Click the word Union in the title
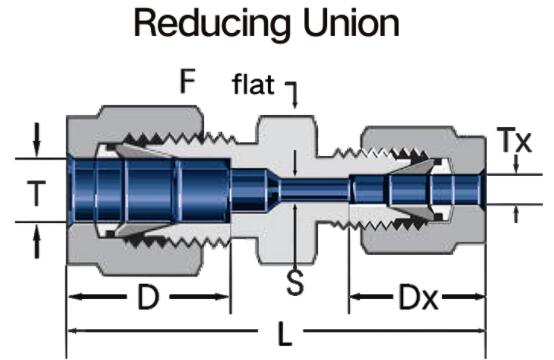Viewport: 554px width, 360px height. [x=352, y=23]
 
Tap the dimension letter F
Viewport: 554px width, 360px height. [x=187, y=81]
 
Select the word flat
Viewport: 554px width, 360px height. [x=253, y=84]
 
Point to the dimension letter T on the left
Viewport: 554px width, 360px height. [x=36, y=193]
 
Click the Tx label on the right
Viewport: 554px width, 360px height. [x=514, y=140]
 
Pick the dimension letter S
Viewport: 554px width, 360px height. [x=295, y=283]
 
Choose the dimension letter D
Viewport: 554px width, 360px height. [x=148, y=297]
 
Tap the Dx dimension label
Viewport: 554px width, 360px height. [x=419, y=297]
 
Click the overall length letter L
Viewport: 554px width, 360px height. [x=284, y=334]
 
